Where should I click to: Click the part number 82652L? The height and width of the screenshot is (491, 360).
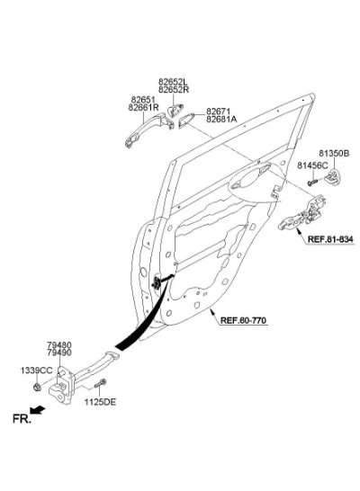coord(174,82)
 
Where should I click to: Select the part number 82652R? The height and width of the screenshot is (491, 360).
coord(174,90)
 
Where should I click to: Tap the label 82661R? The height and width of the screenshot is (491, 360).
coord(143,108)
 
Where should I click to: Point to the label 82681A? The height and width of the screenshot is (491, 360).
coord(221,120)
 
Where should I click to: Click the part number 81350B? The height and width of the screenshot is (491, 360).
coord(334,154)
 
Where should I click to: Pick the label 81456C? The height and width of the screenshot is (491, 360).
coord(312,165)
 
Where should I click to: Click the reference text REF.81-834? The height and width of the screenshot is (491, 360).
coord(330,239)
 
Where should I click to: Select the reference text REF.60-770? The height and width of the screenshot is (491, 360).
coord(243,321)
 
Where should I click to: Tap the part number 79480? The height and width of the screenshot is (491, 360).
coord(59,345)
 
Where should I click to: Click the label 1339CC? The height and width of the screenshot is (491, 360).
coord(37,370)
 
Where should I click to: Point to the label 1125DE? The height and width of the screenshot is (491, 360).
coord(100,402)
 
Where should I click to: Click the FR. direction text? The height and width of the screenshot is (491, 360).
coord(22,419)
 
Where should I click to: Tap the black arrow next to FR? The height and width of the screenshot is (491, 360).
coord(38,410)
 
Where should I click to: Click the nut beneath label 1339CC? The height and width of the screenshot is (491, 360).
coord(37,388)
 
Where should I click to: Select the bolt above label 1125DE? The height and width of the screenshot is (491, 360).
coord(100,383)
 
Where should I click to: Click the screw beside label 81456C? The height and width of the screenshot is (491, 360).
coord(312,182)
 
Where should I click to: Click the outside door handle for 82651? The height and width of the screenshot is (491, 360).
coord(149,129)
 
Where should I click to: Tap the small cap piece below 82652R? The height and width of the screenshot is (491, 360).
coord(175,111)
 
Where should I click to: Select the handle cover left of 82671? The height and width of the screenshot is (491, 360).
coord(186,121)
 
